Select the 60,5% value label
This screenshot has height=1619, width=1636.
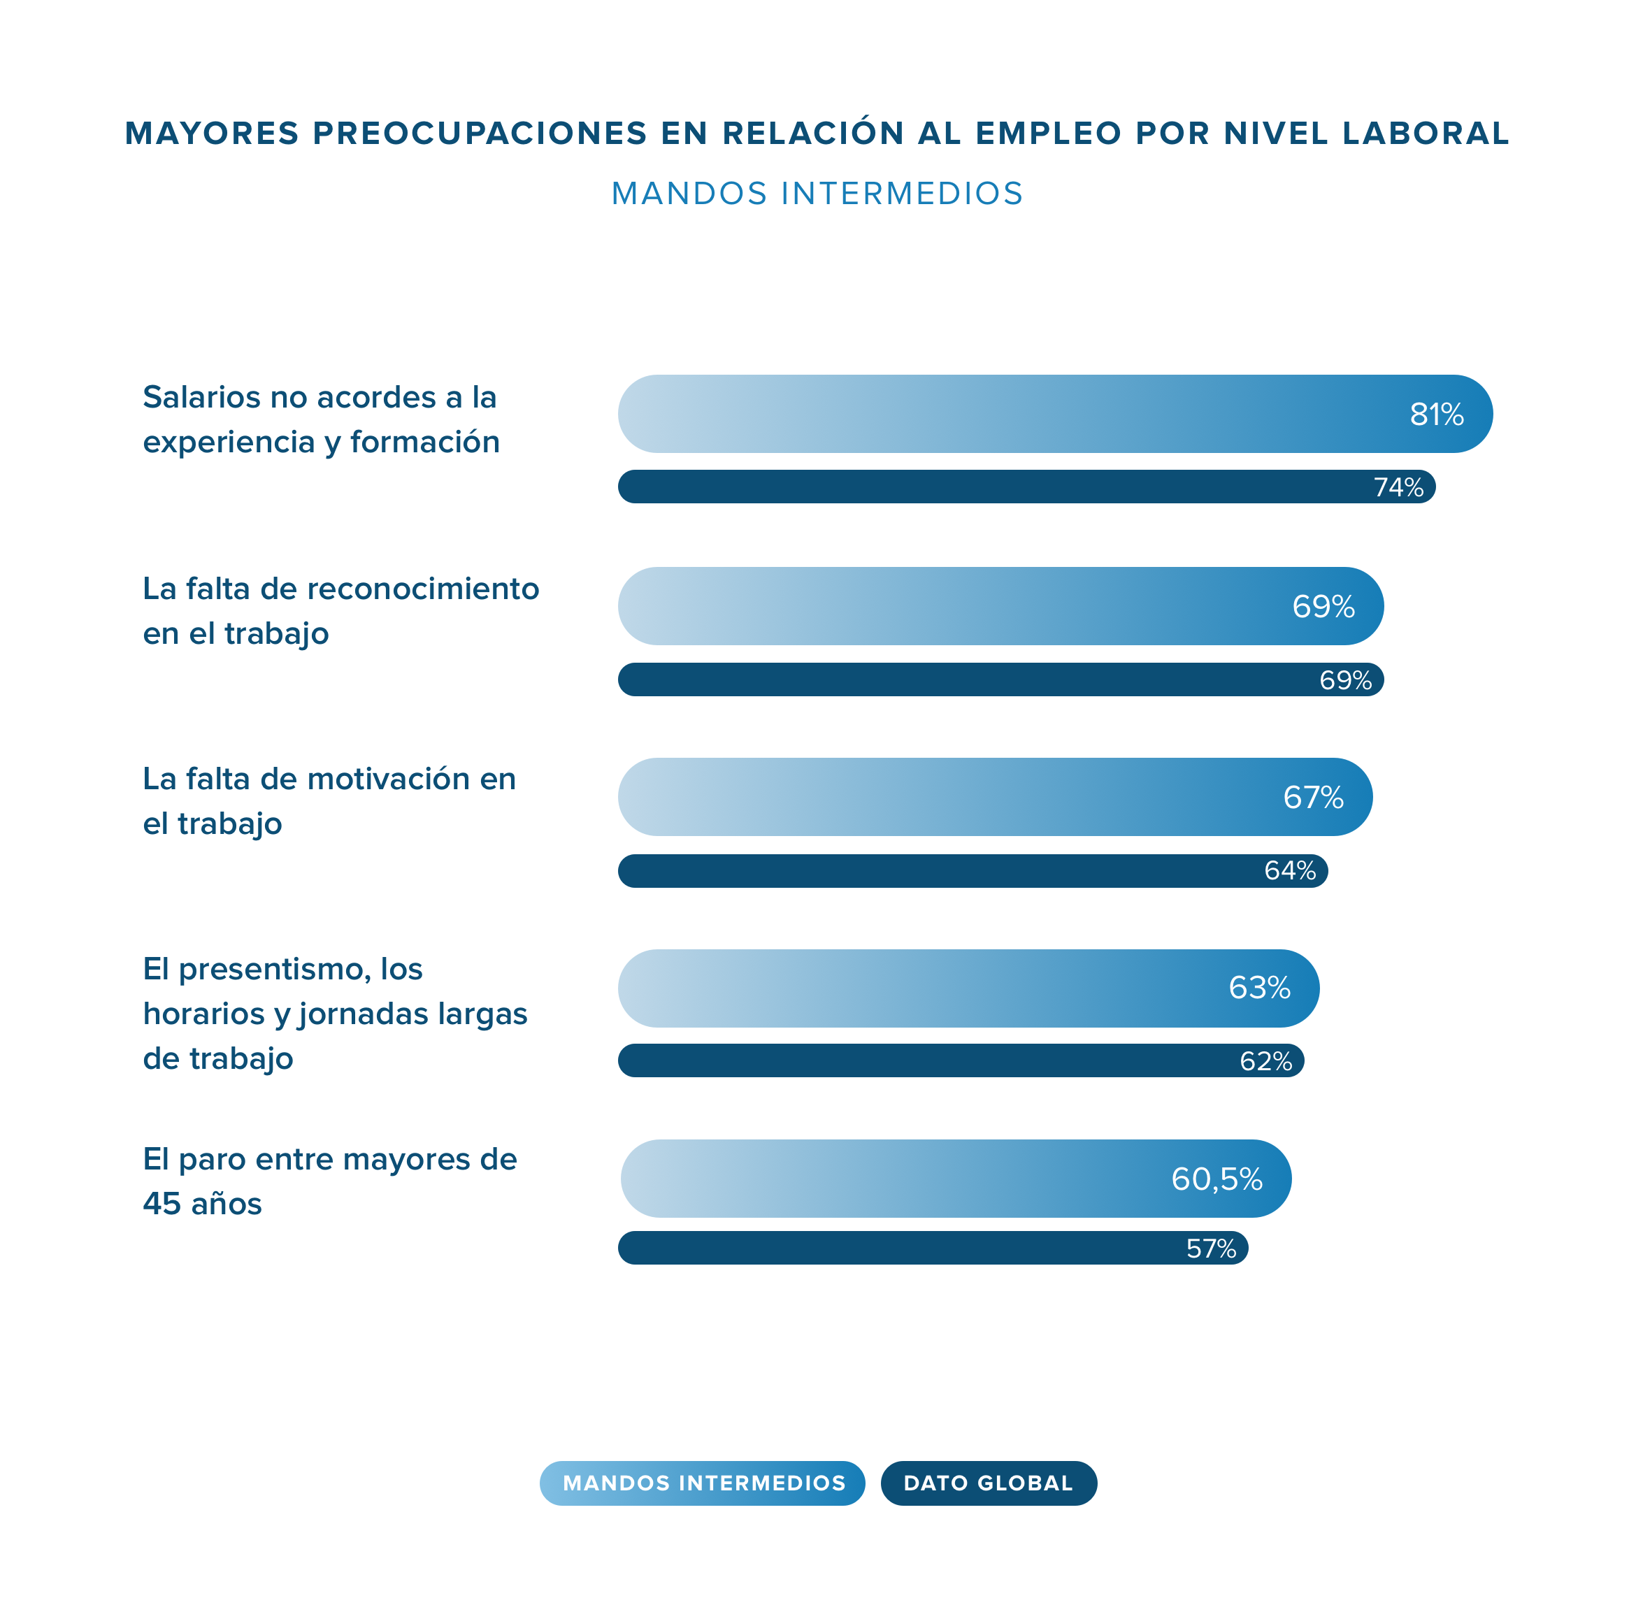(x=1217, y=1179)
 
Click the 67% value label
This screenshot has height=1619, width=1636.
(x=1314, y=798)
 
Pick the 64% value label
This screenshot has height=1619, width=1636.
(x=1290, y=870)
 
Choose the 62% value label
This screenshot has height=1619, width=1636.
(x=1266, y=1061)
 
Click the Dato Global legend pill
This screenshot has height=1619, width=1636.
(x=988, y=1483)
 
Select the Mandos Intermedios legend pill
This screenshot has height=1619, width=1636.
(x=702, y=1483)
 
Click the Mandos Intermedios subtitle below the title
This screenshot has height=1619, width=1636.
(x=817, y=194)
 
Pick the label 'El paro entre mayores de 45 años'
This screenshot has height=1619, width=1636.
(x=329, y=1181)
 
